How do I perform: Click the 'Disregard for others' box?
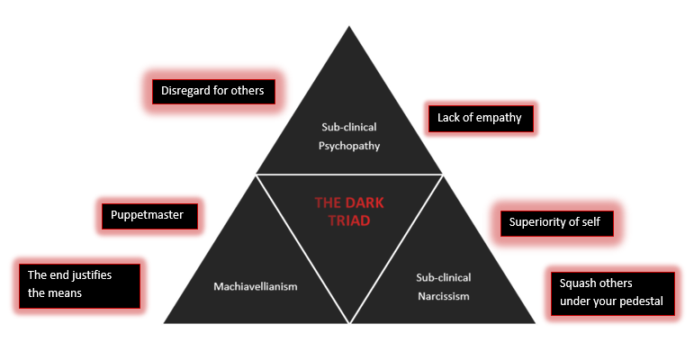pyautogui.click(x=212, y=91)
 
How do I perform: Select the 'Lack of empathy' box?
pyautogui.click(x=480, y=118)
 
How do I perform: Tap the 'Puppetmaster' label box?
pyautogui.click(x=148, y=216)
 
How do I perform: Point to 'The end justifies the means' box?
pyautogui.click(x=79, y=283)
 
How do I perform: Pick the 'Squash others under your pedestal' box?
pyautogui.click(x=611, y=292)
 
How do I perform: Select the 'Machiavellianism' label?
pyautogui.click(x=255, y=286)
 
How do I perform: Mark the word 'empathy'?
pyautogui.click(x=499, y=118)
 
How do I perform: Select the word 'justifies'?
pyautogui.click(x=92, y=275)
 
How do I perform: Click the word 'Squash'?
pyautogui.click(x=578, y=283)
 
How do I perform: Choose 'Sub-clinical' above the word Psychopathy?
pyautogui.click(x=348, y=126)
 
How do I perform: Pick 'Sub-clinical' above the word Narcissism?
pyautogui.click(x=444, y=277)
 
